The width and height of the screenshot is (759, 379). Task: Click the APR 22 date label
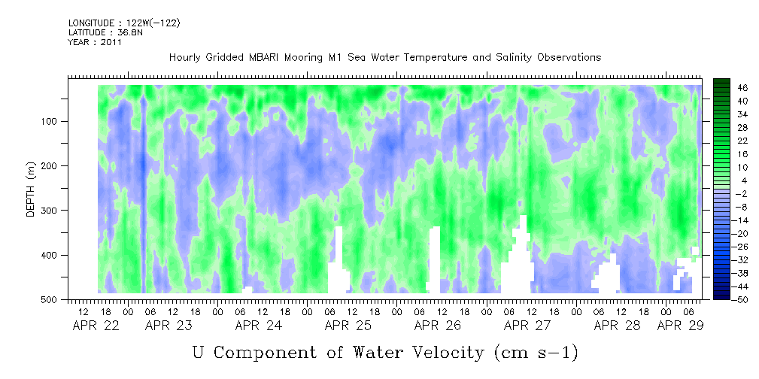96,326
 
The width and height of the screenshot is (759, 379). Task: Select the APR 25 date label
348,326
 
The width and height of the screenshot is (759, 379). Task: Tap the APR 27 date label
527,326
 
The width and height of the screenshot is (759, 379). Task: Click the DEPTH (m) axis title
31,191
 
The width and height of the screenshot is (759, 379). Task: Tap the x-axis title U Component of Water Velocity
385,352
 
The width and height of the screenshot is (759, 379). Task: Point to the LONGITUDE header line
123,23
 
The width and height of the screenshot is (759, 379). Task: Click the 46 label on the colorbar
742,88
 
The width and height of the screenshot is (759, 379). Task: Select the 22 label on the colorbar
742,141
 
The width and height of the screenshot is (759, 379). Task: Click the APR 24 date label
258,326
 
